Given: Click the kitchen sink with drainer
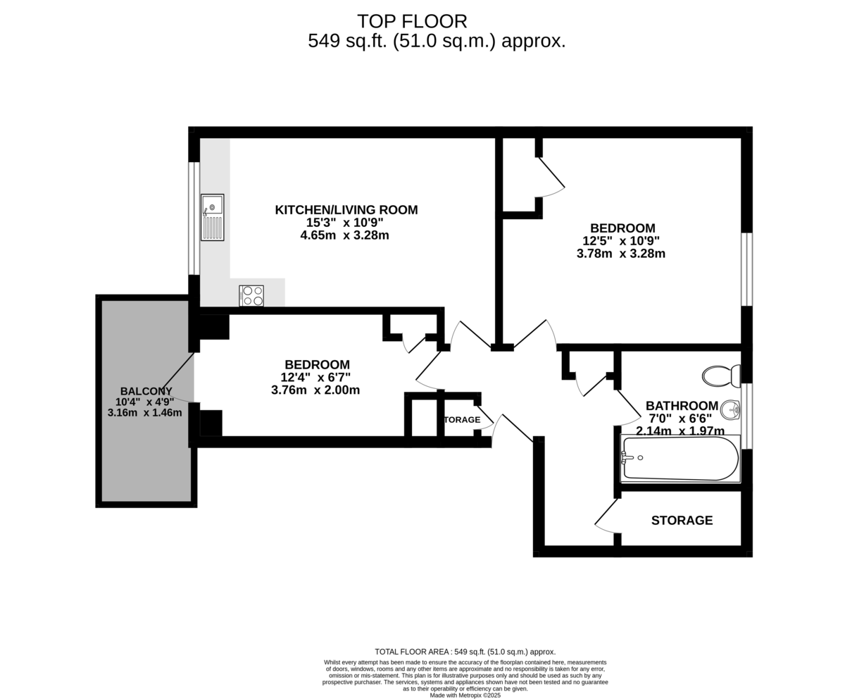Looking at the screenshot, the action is point(213,218).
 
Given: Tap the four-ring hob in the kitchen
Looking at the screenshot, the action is point(251,296).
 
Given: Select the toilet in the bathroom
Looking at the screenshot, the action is point(722,376).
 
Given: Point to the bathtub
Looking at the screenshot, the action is point(681,459).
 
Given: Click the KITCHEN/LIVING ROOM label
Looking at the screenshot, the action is point(346,210).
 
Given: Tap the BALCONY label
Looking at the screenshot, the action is point(146,391).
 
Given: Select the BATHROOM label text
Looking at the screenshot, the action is point(682,405).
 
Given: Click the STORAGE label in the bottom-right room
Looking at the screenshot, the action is point(682,520).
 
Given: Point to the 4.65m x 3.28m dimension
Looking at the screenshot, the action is point(344,235).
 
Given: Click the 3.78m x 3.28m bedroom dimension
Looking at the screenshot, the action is point(621,254).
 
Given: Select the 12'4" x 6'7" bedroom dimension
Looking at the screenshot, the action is point(315,377).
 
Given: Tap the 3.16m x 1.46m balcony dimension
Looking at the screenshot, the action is point(144,413).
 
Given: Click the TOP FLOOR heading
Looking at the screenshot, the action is point(412,21).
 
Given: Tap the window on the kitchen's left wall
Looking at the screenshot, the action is point(194,218).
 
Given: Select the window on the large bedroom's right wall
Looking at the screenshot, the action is point(746,269).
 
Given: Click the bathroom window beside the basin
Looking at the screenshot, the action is point(746,416).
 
